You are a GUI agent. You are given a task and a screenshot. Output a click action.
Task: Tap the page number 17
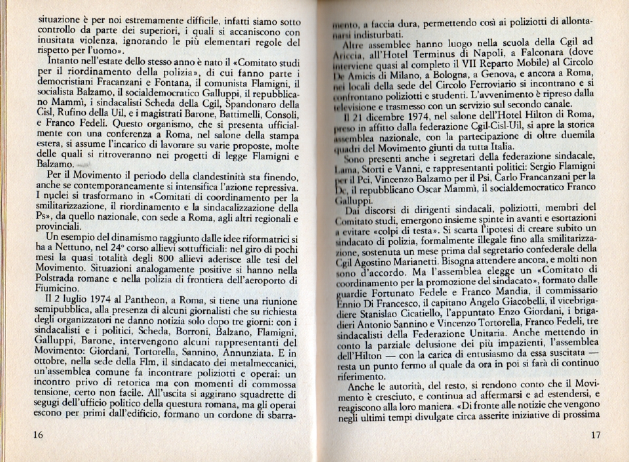(595, 435)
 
